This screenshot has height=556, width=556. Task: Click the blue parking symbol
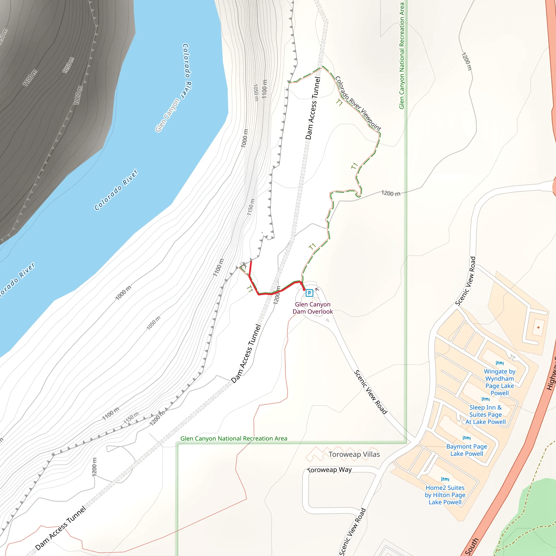(x=309, y=293)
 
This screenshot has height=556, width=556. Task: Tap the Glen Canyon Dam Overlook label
(x=312, y=308)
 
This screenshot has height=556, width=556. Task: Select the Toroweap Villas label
(x=354, y=454)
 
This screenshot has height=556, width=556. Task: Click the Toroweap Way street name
(x=330, y=470)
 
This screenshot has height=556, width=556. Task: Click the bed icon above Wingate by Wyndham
(x=500, y=363)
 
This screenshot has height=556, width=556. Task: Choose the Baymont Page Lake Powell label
(x=466, y=450)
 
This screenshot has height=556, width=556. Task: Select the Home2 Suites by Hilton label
(x=445, y=495)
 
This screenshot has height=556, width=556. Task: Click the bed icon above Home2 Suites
(x=445, y=479)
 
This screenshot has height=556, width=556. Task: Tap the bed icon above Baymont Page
(x=466, y=438)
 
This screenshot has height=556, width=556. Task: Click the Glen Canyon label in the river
(x=168, y=115)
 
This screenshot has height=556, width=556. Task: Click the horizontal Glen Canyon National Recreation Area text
(x=234, y=439)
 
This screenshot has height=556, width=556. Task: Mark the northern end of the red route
(x=251, y=262)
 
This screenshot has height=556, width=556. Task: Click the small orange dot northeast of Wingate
(x=538, y=327)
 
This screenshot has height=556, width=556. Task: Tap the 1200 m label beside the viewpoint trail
(x=390, y=193)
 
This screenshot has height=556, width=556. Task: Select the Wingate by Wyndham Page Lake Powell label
(x=499, y=382)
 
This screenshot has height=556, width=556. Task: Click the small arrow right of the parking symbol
(x=317, y=289)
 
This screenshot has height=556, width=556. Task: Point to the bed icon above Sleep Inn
(x=485, y=399)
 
